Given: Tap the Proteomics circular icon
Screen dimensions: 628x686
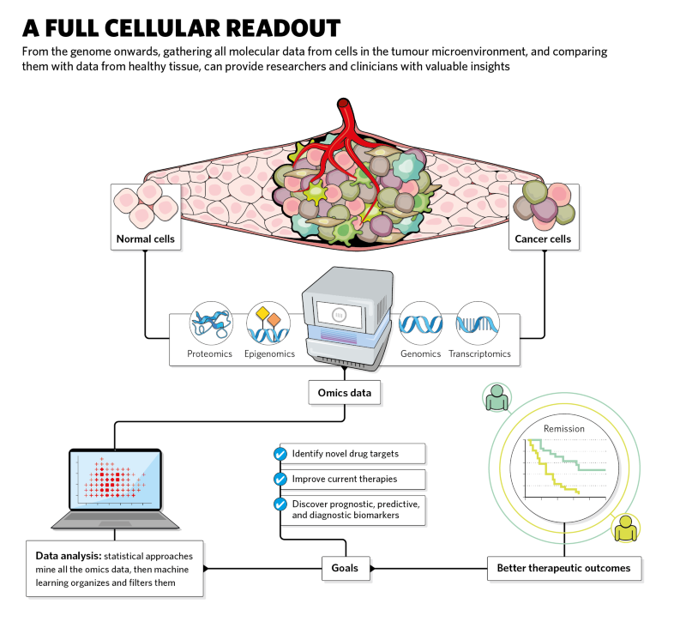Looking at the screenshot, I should click(210, 323).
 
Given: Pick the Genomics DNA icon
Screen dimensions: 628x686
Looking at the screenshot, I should click(420, 323).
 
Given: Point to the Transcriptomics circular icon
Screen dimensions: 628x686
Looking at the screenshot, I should click(478, 323).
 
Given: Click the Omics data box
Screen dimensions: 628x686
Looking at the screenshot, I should click(345, 393).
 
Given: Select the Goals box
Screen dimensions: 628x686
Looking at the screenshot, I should click(345, 567).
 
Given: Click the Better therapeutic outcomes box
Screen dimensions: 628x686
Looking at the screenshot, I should click(563, 567).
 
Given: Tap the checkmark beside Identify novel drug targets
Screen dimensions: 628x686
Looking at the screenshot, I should click(280, 453).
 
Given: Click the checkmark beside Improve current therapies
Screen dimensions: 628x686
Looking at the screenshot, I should click(280, 478).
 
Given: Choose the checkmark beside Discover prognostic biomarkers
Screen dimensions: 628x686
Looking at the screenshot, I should click(280, 504).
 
